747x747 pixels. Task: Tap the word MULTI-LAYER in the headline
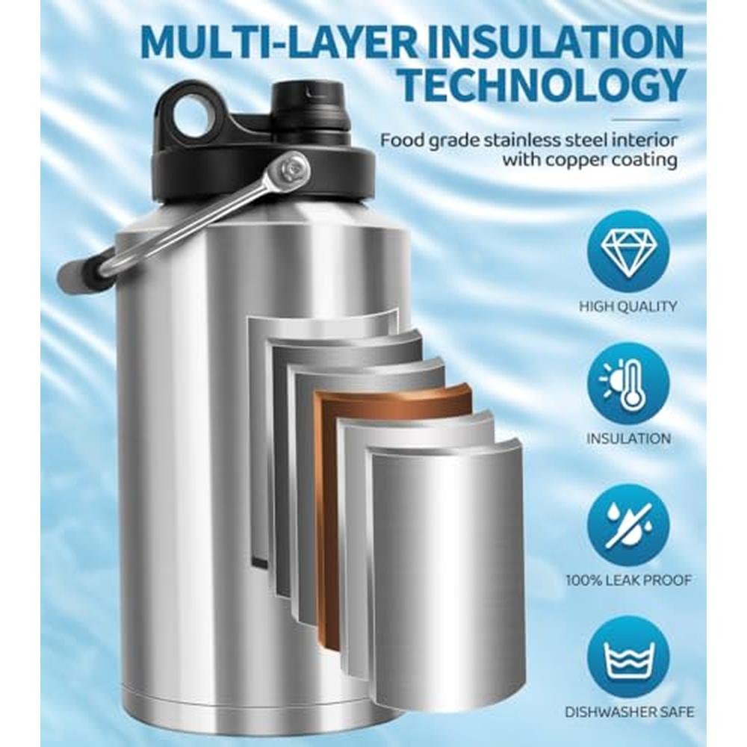click(278, 42)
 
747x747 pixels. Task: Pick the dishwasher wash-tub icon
click(628, 657)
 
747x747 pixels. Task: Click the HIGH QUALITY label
click(628, 306)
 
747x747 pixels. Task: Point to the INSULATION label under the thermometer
click(628, 438)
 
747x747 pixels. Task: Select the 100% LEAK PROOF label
click(628, 580)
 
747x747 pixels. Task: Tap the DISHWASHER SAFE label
click(629, 712)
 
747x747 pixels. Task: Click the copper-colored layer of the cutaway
click(329, 500)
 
